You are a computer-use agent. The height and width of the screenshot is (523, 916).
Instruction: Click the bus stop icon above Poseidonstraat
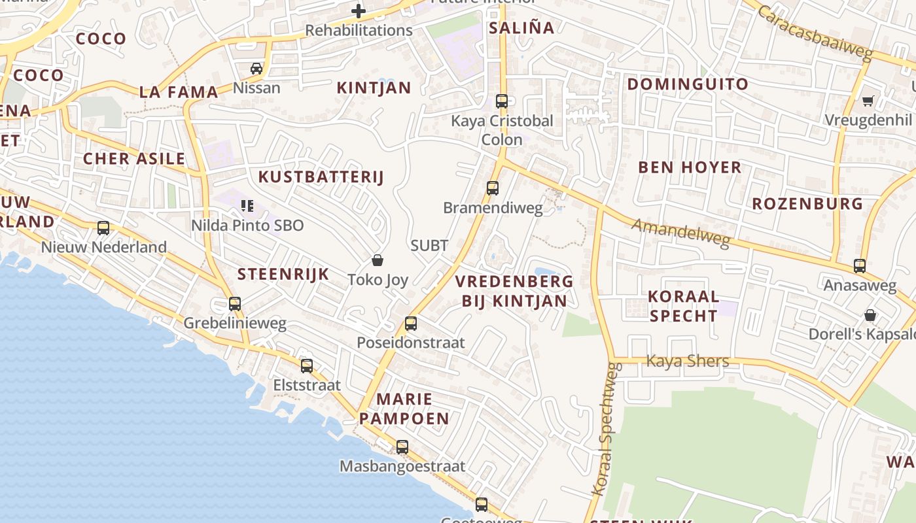click(411, 323)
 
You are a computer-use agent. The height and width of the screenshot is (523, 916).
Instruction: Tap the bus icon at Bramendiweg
click(493, 188)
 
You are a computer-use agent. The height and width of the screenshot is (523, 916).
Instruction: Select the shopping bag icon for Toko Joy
click(378, 260)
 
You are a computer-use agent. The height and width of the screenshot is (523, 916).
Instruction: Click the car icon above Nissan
click(256, 68)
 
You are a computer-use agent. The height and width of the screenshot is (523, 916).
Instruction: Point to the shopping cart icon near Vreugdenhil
click(868, 101)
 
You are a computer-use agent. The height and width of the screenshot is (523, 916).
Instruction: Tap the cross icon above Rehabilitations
click(359, 10)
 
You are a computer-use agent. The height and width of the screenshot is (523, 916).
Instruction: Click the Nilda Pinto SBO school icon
click(247, 206)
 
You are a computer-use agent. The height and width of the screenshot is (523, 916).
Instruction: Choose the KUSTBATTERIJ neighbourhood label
click(321, 177)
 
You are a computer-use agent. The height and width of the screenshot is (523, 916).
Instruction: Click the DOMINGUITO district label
click(688, 84)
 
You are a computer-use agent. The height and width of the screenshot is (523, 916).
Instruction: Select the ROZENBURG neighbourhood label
click(807, 203)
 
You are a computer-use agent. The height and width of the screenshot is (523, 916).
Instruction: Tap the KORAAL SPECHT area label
click(683, 306)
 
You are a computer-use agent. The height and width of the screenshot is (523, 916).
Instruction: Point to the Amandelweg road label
click(681, 233)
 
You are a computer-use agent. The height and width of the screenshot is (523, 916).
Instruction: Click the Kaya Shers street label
click(687, 361)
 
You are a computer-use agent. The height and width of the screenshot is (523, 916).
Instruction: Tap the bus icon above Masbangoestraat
click(402, 447)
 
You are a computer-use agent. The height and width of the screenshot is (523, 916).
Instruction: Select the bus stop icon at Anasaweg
click(860, 266)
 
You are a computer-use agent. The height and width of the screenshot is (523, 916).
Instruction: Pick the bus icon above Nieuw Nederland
click(103, 228)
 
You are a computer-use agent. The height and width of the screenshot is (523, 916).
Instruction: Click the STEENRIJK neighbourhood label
click(283, 274)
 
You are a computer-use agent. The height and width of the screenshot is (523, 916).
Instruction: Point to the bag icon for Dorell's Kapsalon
click(870, 315)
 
